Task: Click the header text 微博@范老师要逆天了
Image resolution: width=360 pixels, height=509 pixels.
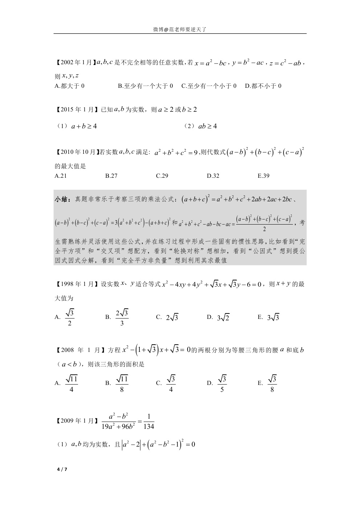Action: pyautogui.click(x=180, y=29)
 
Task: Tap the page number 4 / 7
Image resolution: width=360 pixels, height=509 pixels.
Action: pyautogui.click(x=62, y=469)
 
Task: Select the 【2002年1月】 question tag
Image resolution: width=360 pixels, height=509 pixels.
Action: pyautogui.click(x=74, y=62)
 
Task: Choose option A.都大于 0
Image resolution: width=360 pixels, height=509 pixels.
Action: pyautogui.click(x=69, y=86)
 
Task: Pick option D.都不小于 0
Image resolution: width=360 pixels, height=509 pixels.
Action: pyautogui.click(x=263, y=86)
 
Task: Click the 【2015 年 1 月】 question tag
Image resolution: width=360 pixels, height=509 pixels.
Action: pyautogui.click(x=76, y=110)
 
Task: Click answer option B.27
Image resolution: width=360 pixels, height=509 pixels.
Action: pyautogui.click(x=111, y=176)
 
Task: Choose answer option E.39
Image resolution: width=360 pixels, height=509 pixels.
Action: pyautogui.click(x=263, y=176)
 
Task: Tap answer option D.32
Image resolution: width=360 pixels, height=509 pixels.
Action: pyautogui.click(x=213, y=176)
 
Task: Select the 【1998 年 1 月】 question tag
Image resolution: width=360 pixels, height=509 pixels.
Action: pyautogui.click(x=76, y=284)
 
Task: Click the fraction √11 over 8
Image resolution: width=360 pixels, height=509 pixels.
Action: pyautogui.click(x=122, y=384)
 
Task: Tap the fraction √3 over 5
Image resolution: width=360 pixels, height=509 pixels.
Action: pyautogui.click(x=222, y=384)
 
